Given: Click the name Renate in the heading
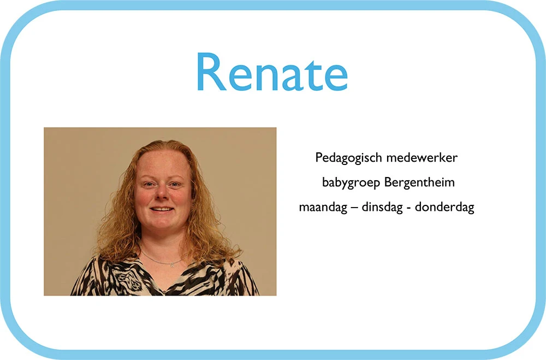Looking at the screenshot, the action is coord(272,72).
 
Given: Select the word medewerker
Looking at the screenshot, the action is coord(422,157).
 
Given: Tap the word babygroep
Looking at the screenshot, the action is coord(351,183).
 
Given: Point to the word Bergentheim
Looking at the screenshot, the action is coord(419,182).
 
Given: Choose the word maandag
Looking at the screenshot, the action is coord(323,208).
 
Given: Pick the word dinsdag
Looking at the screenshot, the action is coord(382,208).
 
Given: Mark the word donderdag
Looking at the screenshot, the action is coord(444,207).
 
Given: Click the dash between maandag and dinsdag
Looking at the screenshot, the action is coord(354,208).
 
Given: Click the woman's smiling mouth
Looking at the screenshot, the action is coord(162,209).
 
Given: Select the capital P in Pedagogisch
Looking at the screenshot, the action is coord(319,157).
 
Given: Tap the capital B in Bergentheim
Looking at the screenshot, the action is coord(388,182).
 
